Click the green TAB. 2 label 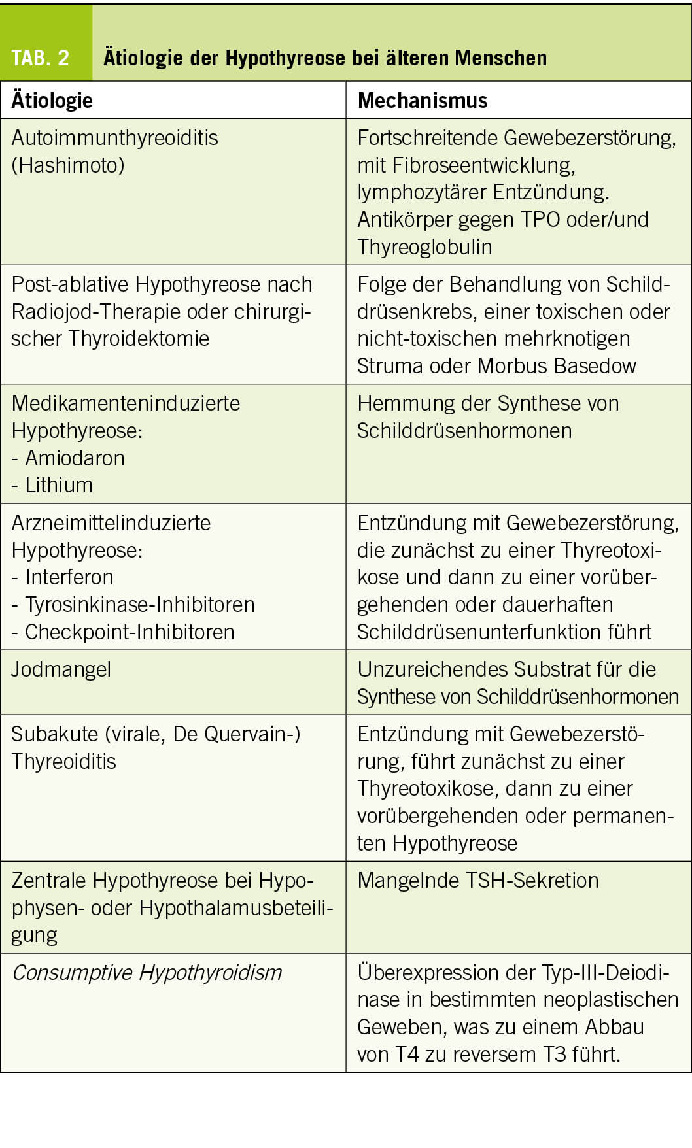point(41,58)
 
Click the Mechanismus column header point(422,100)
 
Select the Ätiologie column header point(52,100)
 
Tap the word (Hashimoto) point(68,165)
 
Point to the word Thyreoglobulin point(424,246)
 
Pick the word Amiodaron point(75,458)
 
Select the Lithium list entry point(59,485)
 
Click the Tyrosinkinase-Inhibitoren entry point(139,605)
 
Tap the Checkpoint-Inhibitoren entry point(129,632)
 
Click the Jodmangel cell point(61,669)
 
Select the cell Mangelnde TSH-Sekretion point(477,881)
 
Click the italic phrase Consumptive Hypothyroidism point(147,973)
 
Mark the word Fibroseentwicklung point(483,165)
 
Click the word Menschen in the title point(501,58)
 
